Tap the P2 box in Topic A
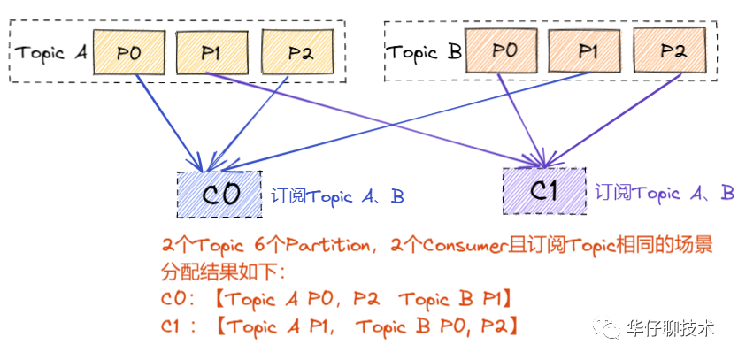(298, 52)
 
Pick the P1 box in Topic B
(586, 52)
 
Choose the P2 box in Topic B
(672, 52)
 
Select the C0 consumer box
(219, 195)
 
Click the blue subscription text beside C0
(338, 195)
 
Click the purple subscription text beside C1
(664, 192)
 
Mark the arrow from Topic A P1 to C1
(372, 118)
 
